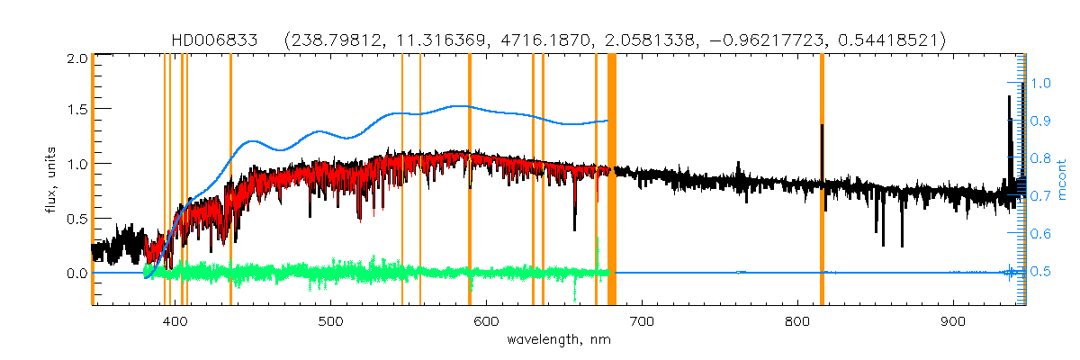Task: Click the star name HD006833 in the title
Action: tap(214, 40)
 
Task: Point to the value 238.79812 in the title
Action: tap(334, 40)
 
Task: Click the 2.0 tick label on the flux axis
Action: tap(76, 58)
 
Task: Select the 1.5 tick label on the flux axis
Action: tap(76, 109)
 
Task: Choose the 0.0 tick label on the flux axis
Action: tap(76, 273)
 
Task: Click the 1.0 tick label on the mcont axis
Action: tap(1041, 83)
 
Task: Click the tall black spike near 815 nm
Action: tap(822, 148)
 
